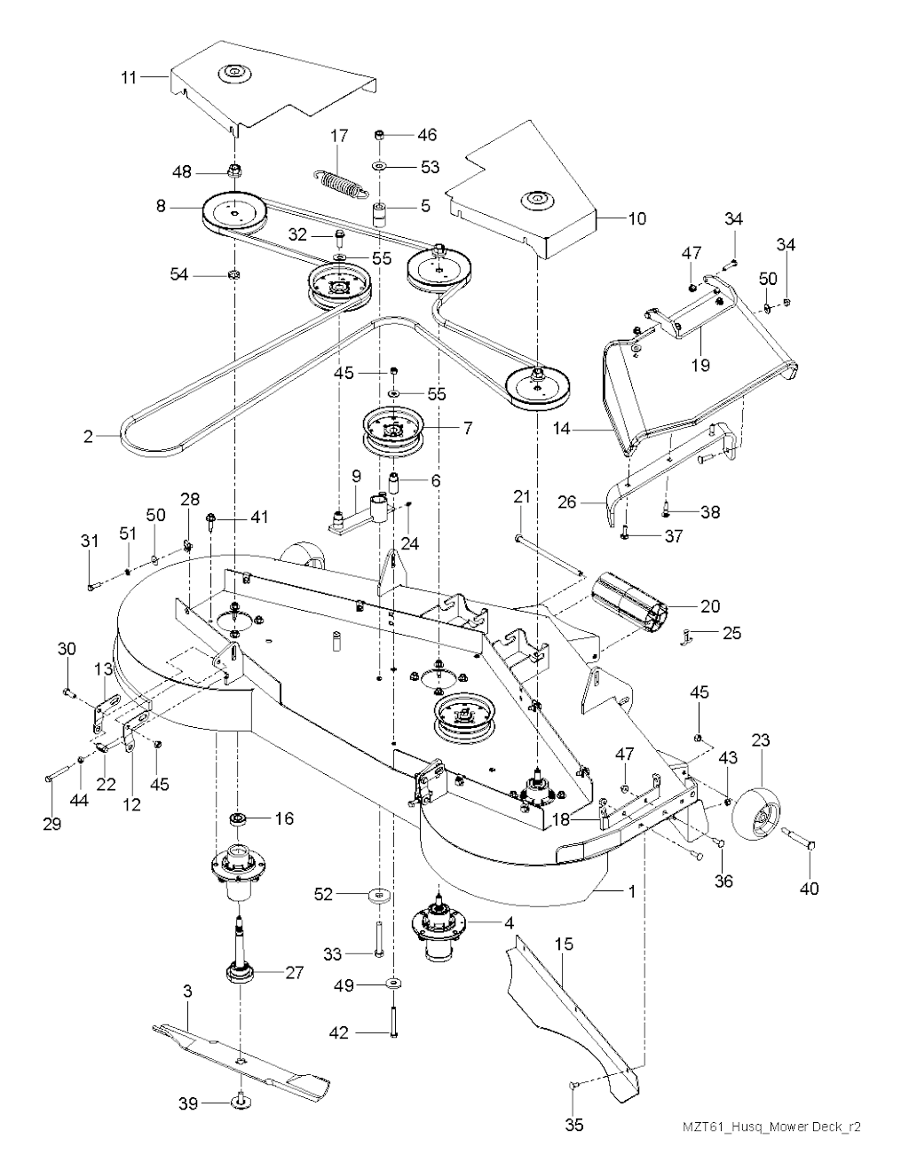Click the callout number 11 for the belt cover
130,77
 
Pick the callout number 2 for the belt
88,436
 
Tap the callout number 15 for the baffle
564,946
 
